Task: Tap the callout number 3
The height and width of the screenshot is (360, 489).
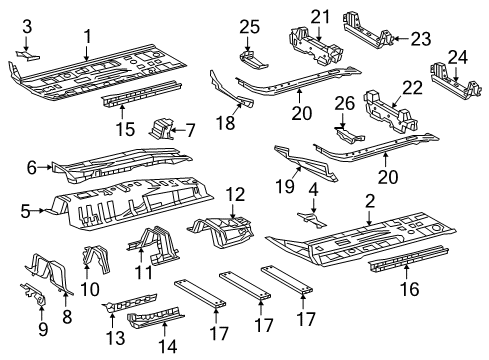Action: [27, 25]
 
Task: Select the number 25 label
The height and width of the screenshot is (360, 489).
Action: [249, 25]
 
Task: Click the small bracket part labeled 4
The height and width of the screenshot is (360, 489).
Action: [313, 217]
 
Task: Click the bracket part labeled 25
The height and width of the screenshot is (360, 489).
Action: [251, 49]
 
